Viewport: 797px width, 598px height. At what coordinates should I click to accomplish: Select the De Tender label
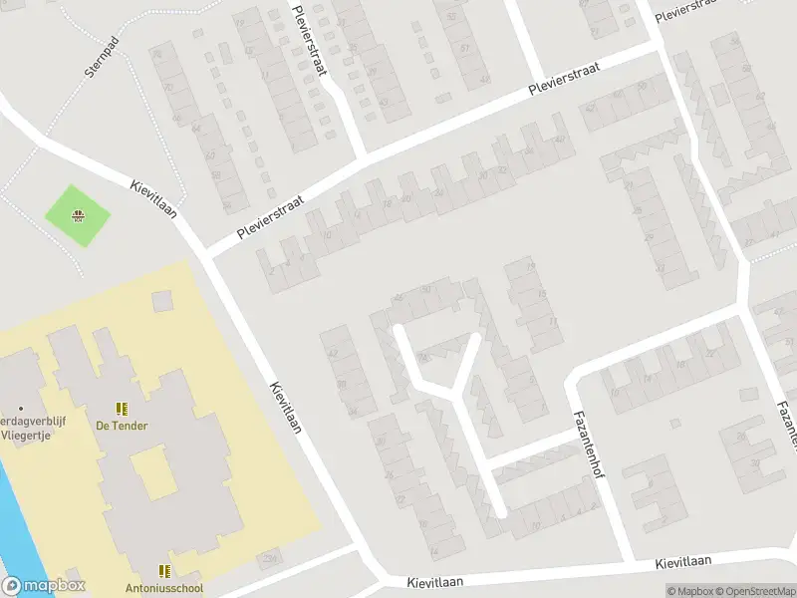(x=122, y=426)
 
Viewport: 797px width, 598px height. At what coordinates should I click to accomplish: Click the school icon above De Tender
(x=122, y=409)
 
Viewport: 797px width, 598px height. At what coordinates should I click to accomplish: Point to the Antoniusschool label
(x=164, y=588)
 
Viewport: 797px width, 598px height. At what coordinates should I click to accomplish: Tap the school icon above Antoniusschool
(x=164, y=571)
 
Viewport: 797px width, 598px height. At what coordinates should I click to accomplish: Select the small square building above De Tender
(x=162, y=300)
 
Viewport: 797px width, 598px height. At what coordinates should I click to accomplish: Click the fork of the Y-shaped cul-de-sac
(x=455, y=395)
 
